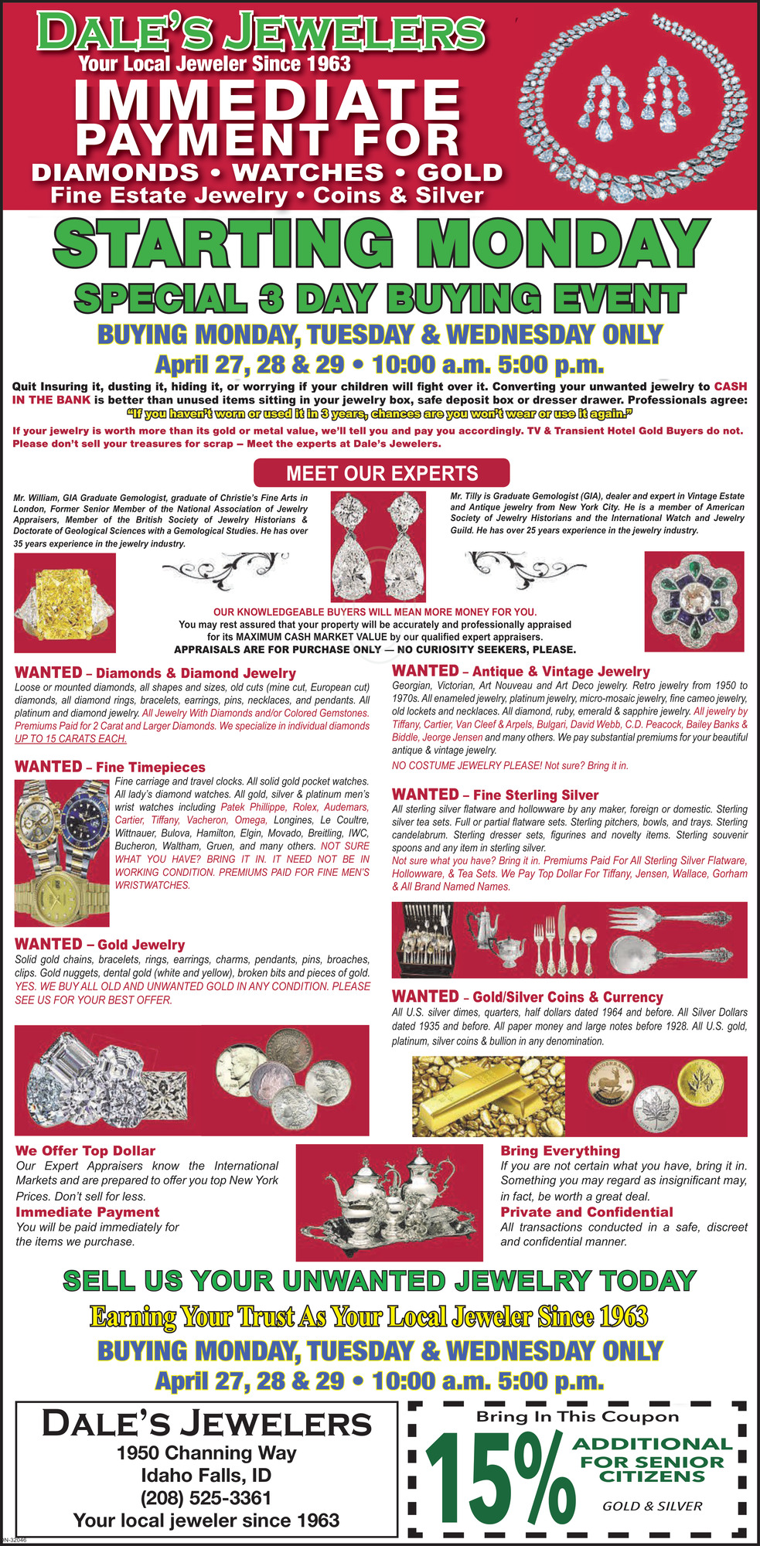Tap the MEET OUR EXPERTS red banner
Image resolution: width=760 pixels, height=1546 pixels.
tap(382, 473)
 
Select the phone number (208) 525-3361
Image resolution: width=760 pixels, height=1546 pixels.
tap(206, 1497)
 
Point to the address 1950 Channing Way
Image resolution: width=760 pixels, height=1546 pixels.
tap(206, 1452)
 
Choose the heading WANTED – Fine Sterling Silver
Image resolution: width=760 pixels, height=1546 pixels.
tap(495, 795)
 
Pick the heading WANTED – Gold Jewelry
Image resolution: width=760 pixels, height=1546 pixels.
tap(100, 945)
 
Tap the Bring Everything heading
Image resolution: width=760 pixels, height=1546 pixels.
tap(560, 1151)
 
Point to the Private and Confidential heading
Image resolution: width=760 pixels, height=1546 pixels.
tap(586, 1212)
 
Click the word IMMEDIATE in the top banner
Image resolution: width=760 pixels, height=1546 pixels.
tap(268, 100)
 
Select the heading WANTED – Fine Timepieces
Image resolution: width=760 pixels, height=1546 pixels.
tap(110, 767)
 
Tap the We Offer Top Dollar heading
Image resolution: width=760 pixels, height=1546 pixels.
tap(85, 1151)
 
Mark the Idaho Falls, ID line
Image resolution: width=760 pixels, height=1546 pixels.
tap(206, 1475)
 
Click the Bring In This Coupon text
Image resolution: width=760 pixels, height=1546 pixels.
tap(577, 1417)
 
